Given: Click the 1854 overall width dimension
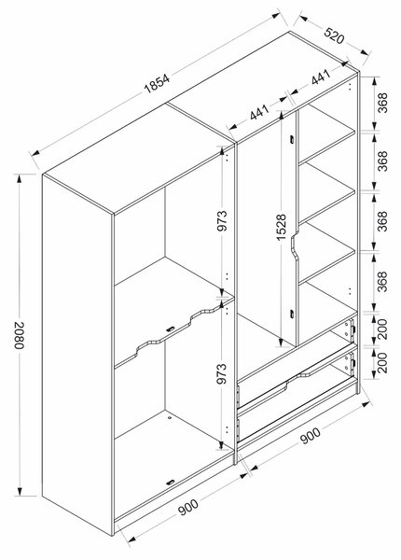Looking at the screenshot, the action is point(157,83).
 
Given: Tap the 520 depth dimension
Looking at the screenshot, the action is point(334,35).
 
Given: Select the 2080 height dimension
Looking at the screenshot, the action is point(19,335).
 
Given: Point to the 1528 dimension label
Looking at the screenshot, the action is point(281,227).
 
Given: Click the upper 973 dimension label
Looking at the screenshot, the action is point(222,220).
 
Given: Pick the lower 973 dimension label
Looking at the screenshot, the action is point(222,373).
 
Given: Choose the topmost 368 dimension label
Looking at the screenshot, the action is point(382,103).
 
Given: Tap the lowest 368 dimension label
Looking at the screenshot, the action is point(382,282).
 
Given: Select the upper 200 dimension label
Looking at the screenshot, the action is point(382,329).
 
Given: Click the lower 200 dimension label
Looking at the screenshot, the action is point(382,362).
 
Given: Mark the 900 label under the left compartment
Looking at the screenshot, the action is point(188,507).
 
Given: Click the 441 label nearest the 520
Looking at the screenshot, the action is point(320,77).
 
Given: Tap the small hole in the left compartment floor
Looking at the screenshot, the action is point(169,417).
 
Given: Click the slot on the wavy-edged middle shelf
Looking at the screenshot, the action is point(171,329).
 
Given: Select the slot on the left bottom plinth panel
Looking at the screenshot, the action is point(171,483).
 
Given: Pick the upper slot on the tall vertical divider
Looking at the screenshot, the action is point(292,140).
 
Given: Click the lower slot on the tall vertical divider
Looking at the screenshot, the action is point(292,315).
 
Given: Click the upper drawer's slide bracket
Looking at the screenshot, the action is point(351,330).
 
